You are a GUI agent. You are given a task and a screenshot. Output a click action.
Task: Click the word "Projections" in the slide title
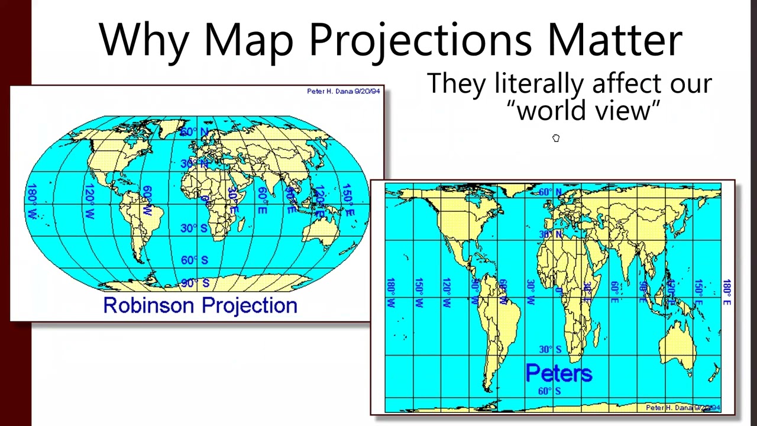click(x=420, y=40)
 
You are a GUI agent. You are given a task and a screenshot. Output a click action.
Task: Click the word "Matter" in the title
click(x=614, y=40)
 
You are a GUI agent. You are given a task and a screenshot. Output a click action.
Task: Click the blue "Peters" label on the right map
click(x=558, y=373)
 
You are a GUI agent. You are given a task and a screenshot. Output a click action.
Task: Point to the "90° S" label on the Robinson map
click(x=195, y=283)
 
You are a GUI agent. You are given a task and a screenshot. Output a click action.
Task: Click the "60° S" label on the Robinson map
click(x=195, y=260)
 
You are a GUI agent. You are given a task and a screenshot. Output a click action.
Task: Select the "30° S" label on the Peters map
click(x=551, y=350)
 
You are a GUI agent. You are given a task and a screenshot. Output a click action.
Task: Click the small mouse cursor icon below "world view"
click(x=556, y=138)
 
